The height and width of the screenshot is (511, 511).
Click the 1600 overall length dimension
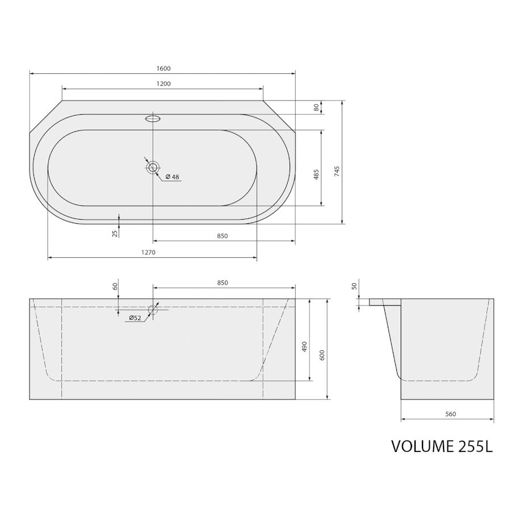pyautogui.click(x=164, y=69)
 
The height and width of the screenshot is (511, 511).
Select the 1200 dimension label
pyautogui.click(x=164, y=84)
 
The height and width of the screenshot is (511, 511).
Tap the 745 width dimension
pyautogui.click(x=337, y=171)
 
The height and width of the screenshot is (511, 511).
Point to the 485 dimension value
pyautogui.click(x=316, y=175)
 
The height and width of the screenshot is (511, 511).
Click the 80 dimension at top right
pyautogui.click(x=316, y=107)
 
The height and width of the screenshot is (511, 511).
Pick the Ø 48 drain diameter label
pyautogui.click(x=173, y=177)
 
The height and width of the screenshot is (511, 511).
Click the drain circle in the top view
pyautogui.click(x=153, y=167)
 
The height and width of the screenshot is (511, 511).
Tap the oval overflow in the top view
pyautogui.click(x=153, y=118)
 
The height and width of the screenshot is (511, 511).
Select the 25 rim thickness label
pyautogui.click(x=115, y=233)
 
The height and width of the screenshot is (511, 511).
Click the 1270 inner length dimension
pyautogui.click(x=148, y=252)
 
